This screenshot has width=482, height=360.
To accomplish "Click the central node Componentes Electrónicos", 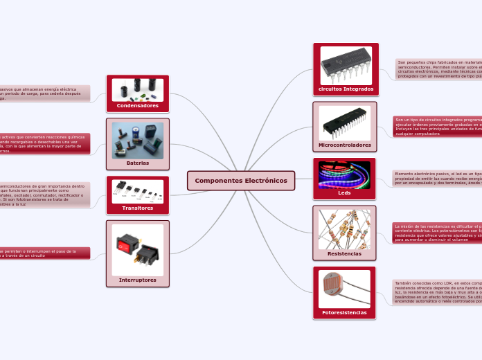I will pos(241,181).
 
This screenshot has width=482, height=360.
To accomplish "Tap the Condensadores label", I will pos(137,106).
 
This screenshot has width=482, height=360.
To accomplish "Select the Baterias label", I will pos(137,163).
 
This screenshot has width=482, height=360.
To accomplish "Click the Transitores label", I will pos(137,208).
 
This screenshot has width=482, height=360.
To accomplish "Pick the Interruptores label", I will pos(137,280).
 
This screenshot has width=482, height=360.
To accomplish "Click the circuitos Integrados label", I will pos(346,89).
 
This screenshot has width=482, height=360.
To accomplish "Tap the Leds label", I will pos(344,193).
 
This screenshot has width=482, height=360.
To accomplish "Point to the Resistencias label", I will pos(344,254).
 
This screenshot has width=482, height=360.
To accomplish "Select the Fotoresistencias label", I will pos(344,313).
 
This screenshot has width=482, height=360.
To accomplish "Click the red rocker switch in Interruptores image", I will pos(127,244).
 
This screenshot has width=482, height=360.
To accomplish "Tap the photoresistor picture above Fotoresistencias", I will pos(344,288).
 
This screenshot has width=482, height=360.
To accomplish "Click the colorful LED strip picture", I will pos(344,174).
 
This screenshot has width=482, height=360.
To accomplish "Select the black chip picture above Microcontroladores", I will pos(344,123).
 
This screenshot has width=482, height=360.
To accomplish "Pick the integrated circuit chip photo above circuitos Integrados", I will pos(346,65).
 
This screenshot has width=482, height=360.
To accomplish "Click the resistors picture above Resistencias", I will pos(344,229).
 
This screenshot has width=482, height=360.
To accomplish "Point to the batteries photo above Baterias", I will pos(137,141).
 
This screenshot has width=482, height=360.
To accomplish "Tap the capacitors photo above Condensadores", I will pos(137,90).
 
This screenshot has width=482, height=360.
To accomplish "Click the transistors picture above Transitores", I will pos(137,191).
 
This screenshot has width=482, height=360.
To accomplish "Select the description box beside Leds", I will pos(436,179).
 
